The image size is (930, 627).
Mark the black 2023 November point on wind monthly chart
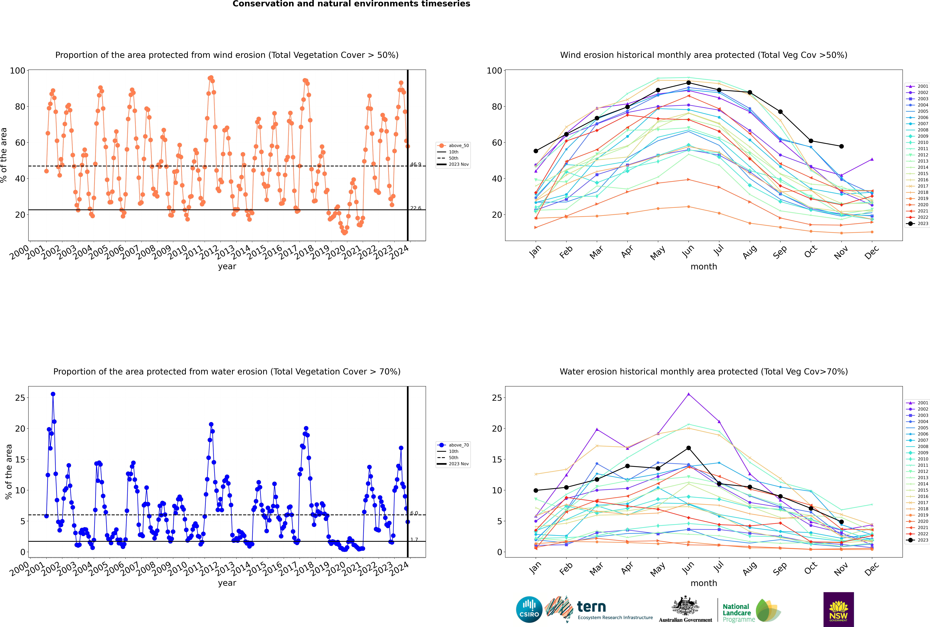point(841,146)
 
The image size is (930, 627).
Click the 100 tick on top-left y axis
point(18,71)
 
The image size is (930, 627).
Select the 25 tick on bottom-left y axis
point(20,398)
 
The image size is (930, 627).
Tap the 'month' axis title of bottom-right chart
point(704,583)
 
